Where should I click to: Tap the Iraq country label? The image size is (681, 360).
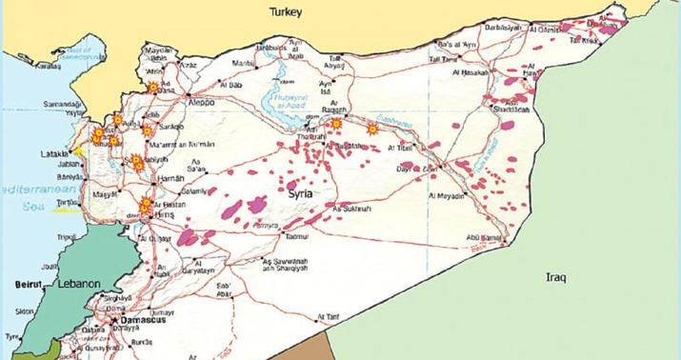pos(556,277)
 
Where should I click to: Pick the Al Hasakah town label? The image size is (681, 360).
pos(471,71)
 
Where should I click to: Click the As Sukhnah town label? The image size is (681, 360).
pos(349,205)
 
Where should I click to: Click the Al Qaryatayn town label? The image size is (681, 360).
pos(195,270)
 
